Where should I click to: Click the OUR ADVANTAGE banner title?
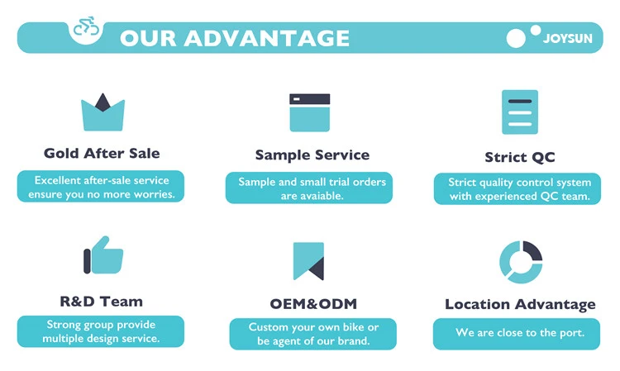click(235, 38)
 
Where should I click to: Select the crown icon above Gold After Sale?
click(103, 112)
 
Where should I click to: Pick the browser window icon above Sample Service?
click(309, 112)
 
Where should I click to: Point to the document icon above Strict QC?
click(520, 112)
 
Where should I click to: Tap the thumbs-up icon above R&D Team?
click(103, 255)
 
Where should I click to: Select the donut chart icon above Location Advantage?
click(521, 262)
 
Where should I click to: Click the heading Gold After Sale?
click(102, 153)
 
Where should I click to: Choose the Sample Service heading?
click(312, 155)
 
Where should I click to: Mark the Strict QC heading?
click(520, 157)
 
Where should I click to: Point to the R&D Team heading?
click(102, 301)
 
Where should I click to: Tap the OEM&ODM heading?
click(312, 303)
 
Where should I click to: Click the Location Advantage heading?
click(520, 304)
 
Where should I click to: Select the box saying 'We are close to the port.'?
click(520, 333)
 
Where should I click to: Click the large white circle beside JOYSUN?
click(516, 38)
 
